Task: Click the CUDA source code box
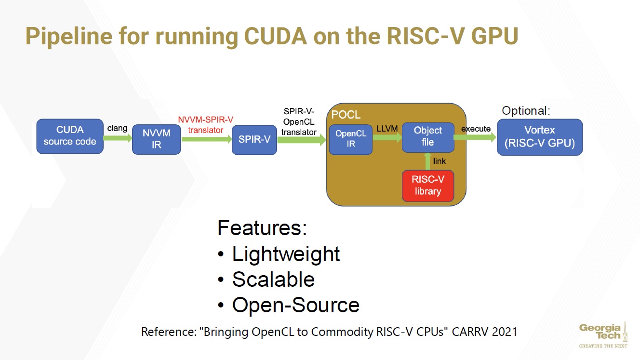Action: point(70,136)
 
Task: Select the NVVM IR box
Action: point(156,138)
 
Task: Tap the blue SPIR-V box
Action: point(254,140)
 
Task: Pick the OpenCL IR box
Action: point(350,139)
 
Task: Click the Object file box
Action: point(427,136)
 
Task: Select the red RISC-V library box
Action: point(427,186)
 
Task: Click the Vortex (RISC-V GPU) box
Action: point(539,137)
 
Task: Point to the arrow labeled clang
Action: point(118,138)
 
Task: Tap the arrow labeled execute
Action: point(475,137)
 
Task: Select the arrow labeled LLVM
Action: point(387,137)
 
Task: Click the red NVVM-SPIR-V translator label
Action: point(206,125)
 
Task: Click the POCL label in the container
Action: point(346,116)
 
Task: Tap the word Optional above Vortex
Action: point(525,110)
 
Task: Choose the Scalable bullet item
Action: point(273,280)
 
